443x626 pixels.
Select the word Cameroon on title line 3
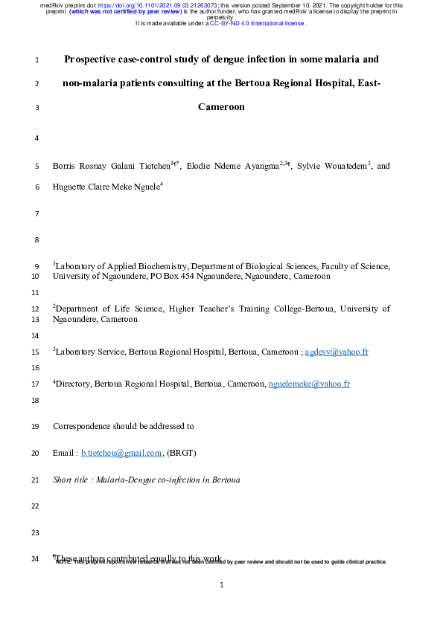221,107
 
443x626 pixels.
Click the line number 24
37,558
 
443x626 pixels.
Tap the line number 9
37,265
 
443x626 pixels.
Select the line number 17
37,384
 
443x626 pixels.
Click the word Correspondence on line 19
82,427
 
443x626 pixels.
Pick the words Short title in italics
71,480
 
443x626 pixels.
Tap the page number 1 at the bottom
222,585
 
